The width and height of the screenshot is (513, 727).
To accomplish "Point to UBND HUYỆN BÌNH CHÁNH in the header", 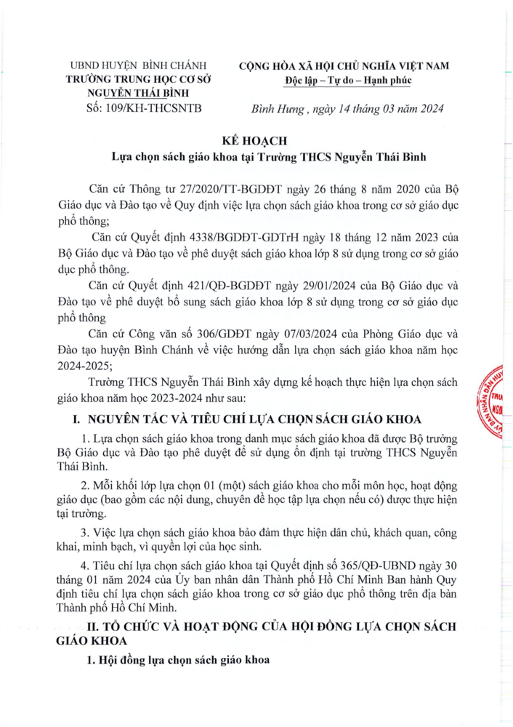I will (x=138, y=66).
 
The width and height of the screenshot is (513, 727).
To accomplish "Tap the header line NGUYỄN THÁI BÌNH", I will (x=138, y=94).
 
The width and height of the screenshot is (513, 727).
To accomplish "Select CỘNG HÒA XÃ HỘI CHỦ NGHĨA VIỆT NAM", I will (x=345, y=66).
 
